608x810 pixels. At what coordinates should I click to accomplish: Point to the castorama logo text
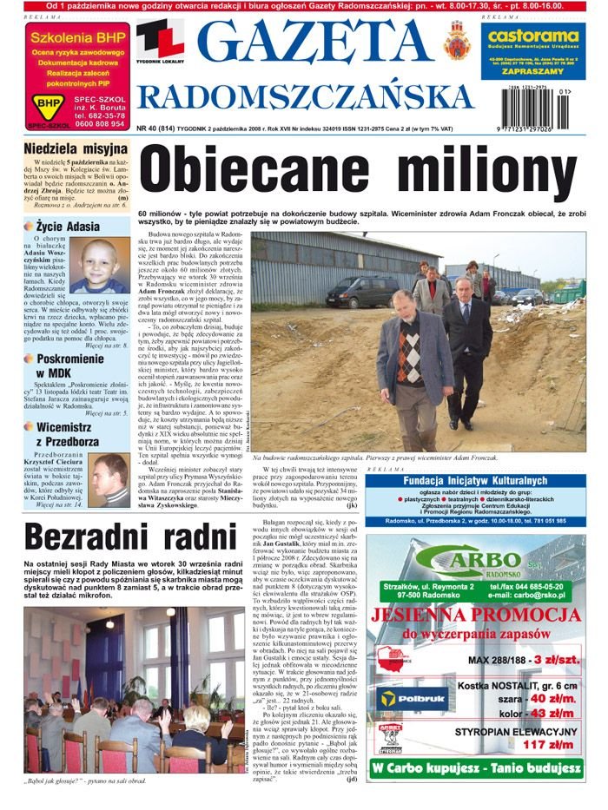click(x=532, y=38)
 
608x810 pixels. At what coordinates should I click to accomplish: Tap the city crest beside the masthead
click(x=455, y=41)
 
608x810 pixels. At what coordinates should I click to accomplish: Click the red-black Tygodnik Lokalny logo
click(x=158, y=42)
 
